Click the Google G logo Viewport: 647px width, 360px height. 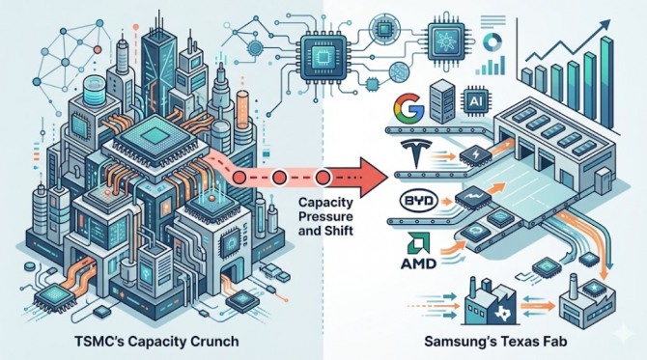pos(408,107)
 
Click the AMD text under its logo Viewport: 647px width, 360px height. pos(418,263)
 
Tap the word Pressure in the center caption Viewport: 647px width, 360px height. pos(325,216)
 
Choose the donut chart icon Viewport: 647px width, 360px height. pos(492,42)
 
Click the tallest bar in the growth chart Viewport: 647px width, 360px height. pos(605,81)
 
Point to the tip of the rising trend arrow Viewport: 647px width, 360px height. pos(610,21)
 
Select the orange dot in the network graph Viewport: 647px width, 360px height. pos(98,49)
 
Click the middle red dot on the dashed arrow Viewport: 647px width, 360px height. pos(279,178)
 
